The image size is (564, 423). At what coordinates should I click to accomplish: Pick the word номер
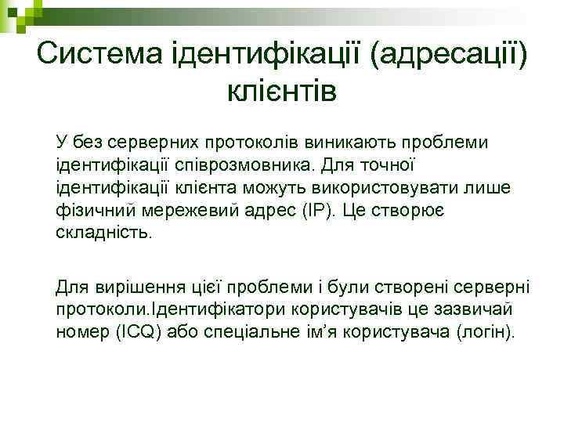tap(81, 331)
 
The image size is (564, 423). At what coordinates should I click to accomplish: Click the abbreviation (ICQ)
tap(141, 331)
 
